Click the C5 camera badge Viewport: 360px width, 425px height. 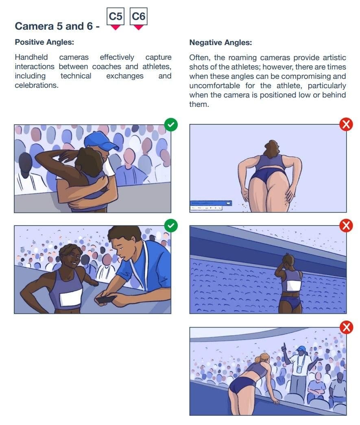click(115, 17)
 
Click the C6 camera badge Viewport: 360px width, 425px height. click(138, 17)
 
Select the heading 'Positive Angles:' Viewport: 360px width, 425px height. click(44, 42)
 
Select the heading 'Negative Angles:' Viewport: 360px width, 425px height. click(220, 43)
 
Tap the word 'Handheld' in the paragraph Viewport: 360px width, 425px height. click(31, 57)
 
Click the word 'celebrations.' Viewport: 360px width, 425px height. click(37, 85)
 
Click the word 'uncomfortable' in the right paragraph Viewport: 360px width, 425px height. click(215, 86)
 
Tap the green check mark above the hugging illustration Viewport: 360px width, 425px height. click(171, 125)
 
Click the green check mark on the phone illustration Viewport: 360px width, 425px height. click(171, 226)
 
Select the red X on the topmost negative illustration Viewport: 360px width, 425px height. click(346, 124)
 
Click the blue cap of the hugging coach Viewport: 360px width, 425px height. click(100, 140)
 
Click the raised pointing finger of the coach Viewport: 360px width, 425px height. click(284, 346)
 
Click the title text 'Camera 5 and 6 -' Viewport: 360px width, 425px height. click(57, 26)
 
